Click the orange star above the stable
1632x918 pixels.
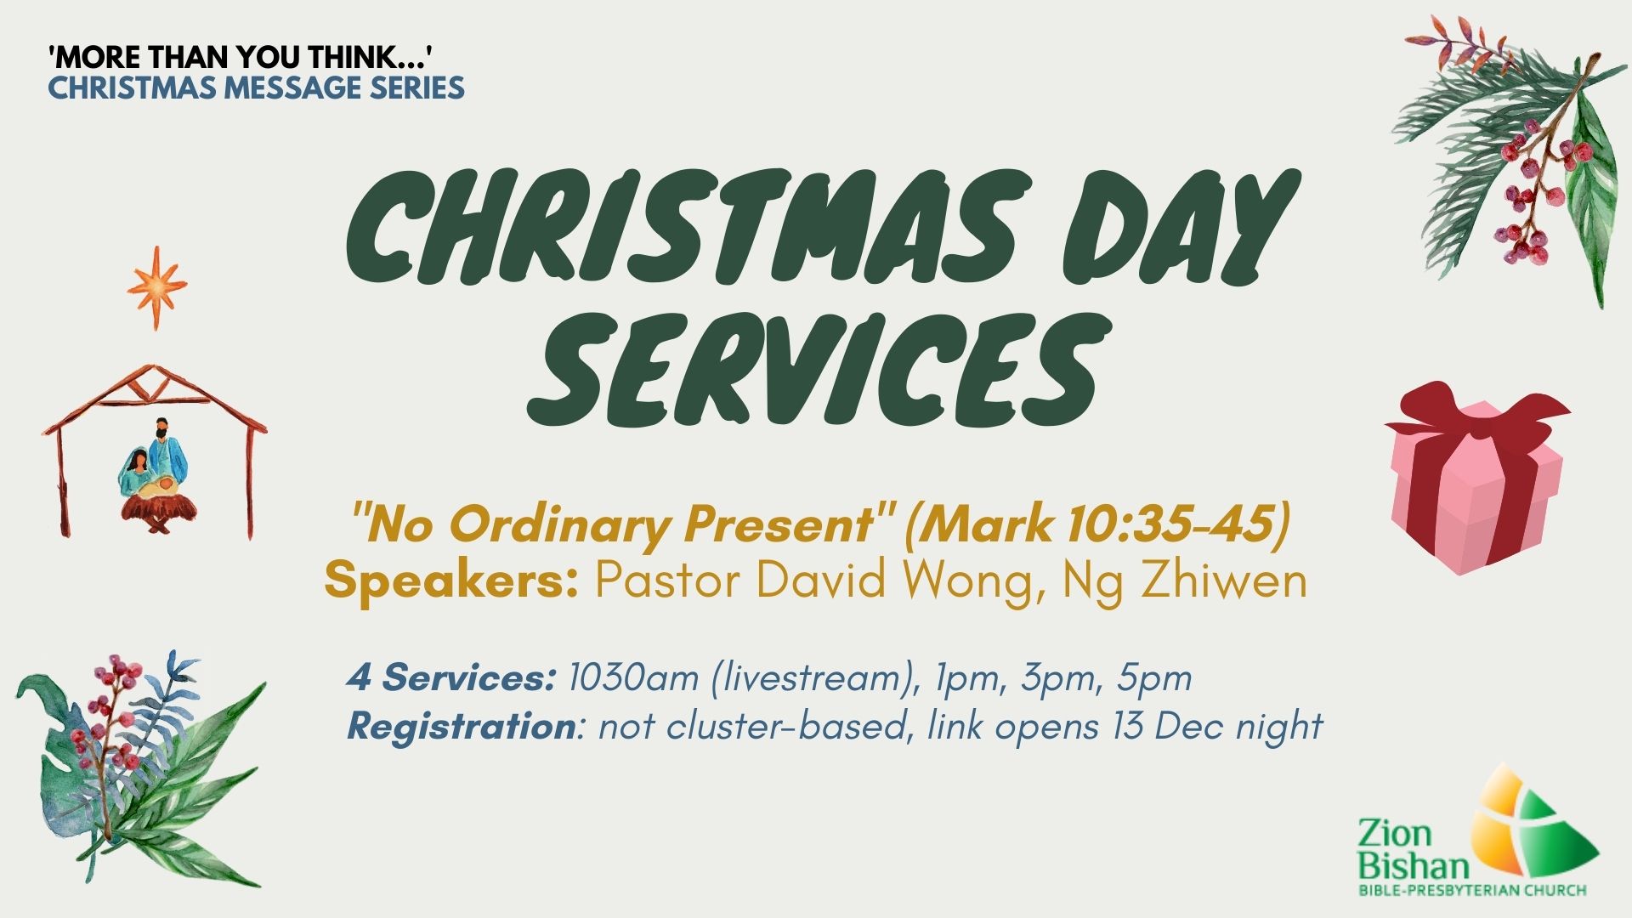point(156,287)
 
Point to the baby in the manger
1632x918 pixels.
point(161,487)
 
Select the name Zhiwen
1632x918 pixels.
point(1223,581)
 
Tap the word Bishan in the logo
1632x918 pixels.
point(1414,866)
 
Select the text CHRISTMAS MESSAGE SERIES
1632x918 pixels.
point(256,88)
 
